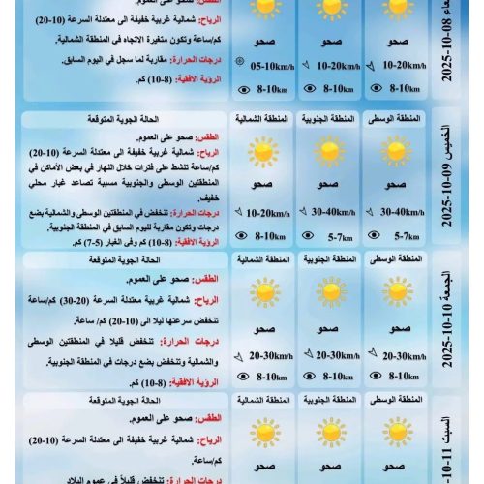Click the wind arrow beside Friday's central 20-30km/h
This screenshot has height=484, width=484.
tap(373, 353)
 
